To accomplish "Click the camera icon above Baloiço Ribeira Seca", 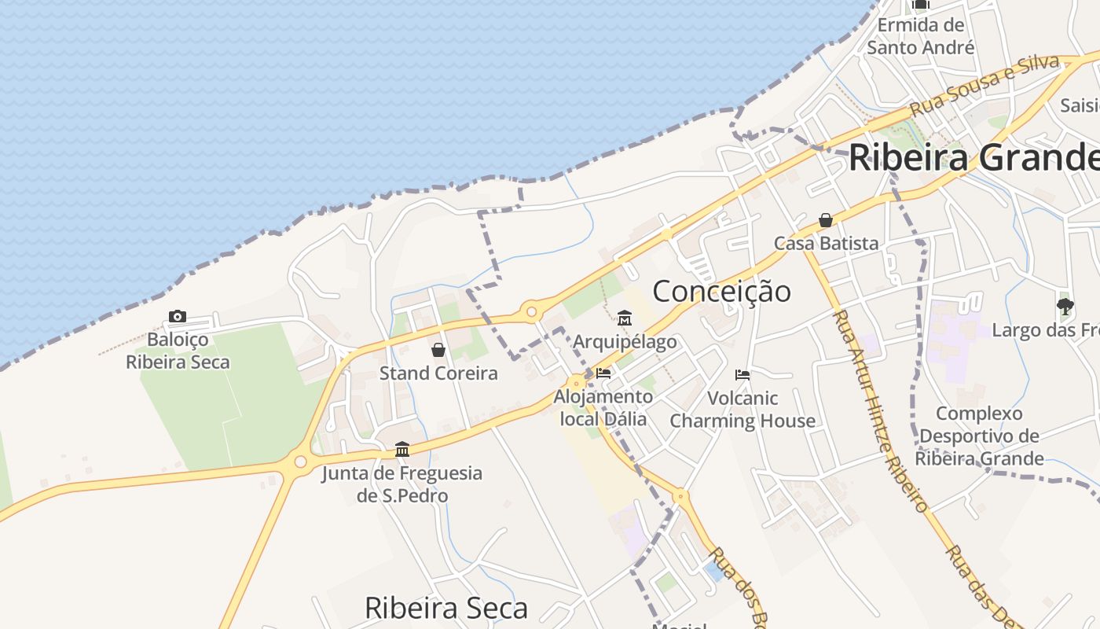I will coord(178,316).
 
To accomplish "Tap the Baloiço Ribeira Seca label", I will coord(178,351).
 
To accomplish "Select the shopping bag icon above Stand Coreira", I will coord(438,350).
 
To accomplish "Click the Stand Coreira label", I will coord(438,373).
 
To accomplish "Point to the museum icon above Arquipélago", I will coord(625,318).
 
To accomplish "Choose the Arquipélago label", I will coord(625,341).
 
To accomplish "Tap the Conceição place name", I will coord(721,291).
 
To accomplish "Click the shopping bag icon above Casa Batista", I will coord(826,220).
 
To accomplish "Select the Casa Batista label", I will coord(826,243).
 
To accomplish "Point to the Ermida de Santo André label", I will coord(921,36).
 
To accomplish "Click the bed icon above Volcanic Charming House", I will coord(742,375).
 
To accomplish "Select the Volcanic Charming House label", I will coord(742,409).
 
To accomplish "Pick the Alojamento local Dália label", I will coord(603,407).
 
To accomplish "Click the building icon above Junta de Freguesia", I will coord(402,449).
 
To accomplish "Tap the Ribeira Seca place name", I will coord(446,608).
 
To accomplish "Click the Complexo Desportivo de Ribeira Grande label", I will coord(980,436).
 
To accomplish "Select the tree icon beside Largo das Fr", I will coord(1065,306).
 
